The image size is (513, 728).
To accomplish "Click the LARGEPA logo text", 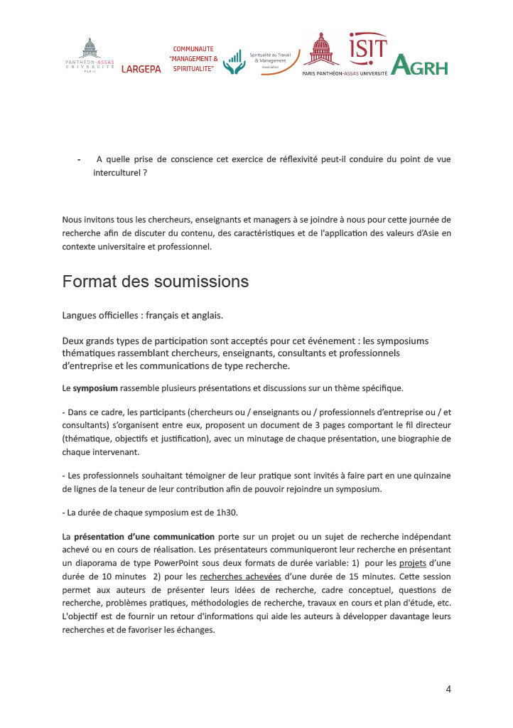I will tap(141, 69).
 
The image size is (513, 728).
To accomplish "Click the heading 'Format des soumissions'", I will tap(155, 282).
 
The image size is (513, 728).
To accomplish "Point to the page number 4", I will tap(448, 688).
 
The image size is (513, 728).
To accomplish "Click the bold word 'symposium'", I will tap(95, 388).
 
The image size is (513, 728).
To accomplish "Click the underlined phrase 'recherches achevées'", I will tap(240, 577).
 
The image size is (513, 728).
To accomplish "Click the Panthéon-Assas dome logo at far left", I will tap(90, 55).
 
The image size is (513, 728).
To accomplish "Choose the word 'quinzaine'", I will tap(428, 475).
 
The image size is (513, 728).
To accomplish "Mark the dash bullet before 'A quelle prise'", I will tap(79, 159).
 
